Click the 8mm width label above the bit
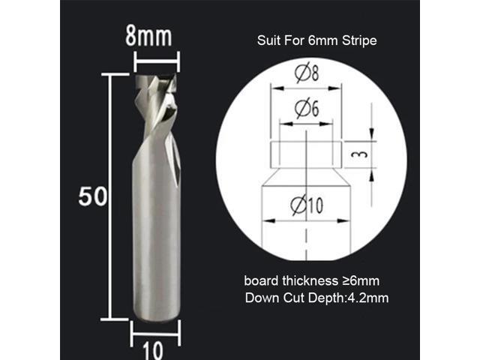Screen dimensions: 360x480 tap(156, 35)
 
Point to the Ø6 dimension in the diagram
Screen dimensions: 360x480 tap(307, 109)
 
